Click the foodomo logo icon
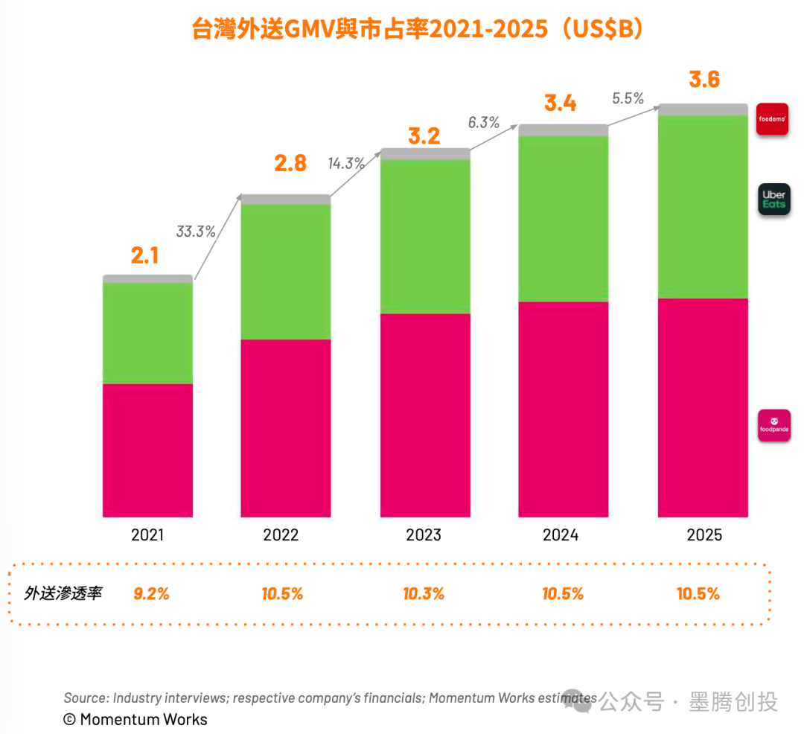[772, 119]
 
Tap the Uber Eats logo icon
[774, 199]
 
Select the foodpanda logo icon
[774, 425]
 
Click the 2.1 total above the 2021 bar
[144, 255]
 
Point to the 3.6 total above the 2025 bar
[704, 80]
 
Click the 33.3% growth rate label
[196, 232]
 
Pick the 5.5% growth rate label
[628, 98]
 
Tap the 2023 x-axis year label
[424, 534]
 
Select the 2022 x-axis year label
[281, 534]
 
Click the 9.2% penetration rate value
[151, 593]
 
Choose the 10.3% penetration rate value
[424, 593]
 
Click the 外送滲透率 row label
[63, 593]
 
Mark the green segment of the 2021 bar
[147, 334]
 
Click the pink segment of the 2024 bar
[563, 409]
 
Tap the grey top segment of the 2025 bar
[703, 109]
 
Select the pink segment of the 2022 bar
[286, 428]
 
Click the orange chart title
[417, 29]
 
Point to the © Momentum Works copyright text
[135, 719]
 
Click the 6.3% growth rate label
[484, 123]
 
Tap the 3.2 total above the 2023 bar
[424, 135]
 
